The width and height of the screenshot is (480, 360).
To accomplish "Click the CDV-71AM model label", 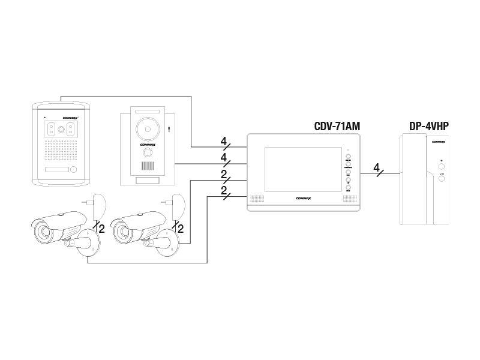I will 337,126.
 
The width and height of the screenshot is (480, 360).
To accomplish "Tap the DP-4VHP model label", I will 428,126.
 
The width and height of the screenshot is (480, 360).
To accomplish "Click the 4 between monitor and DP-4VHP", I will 376,168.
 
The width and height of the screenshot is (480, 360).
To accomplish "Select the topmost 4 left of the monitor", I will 223,142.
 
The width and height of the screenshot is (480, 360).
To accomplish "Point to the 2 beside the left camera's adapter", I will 101,228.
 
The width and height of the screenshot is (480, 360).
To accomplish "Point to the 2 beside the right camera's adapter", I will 181,228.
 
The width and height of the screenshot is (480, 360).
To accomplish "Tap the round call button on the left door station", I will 73,170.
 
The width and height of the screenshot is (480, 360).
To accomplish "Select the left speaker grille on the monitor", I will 257,198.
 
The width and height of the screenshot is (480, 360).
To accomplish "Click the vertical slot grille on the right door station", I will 148,166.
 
